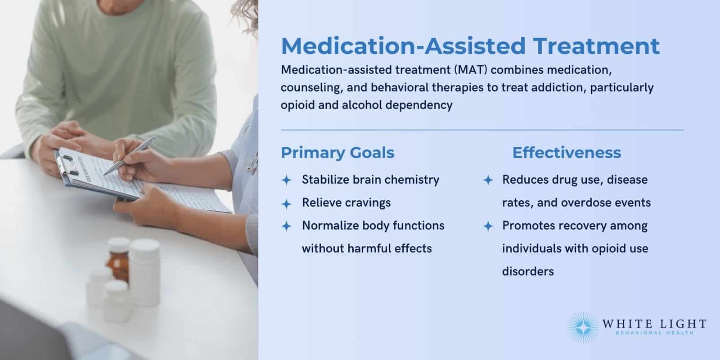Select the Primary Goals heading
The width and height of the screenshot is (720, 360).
[x=337, y=153]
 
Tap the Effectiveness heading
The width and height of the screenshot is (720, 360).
[x=567, y=153]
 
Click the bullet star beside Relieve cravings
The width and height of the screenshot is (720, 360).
[x=286, y=203]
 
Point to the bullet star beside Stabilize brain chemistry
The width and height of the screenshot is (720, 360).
[x=286, y=180]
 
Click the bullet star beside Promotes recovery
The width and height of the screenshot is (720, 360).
[x=488, y=226]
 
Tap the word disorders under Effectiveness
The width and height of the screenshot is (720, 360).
[x=528, y=271]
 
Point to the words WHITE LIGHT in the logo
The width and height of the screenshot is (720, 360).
[x=654, y=324]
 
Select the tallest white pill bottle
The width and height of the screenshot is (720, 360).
[x=144, y=270]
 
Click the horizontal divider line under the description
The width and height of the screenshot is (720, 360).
[x=481, y=130]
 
